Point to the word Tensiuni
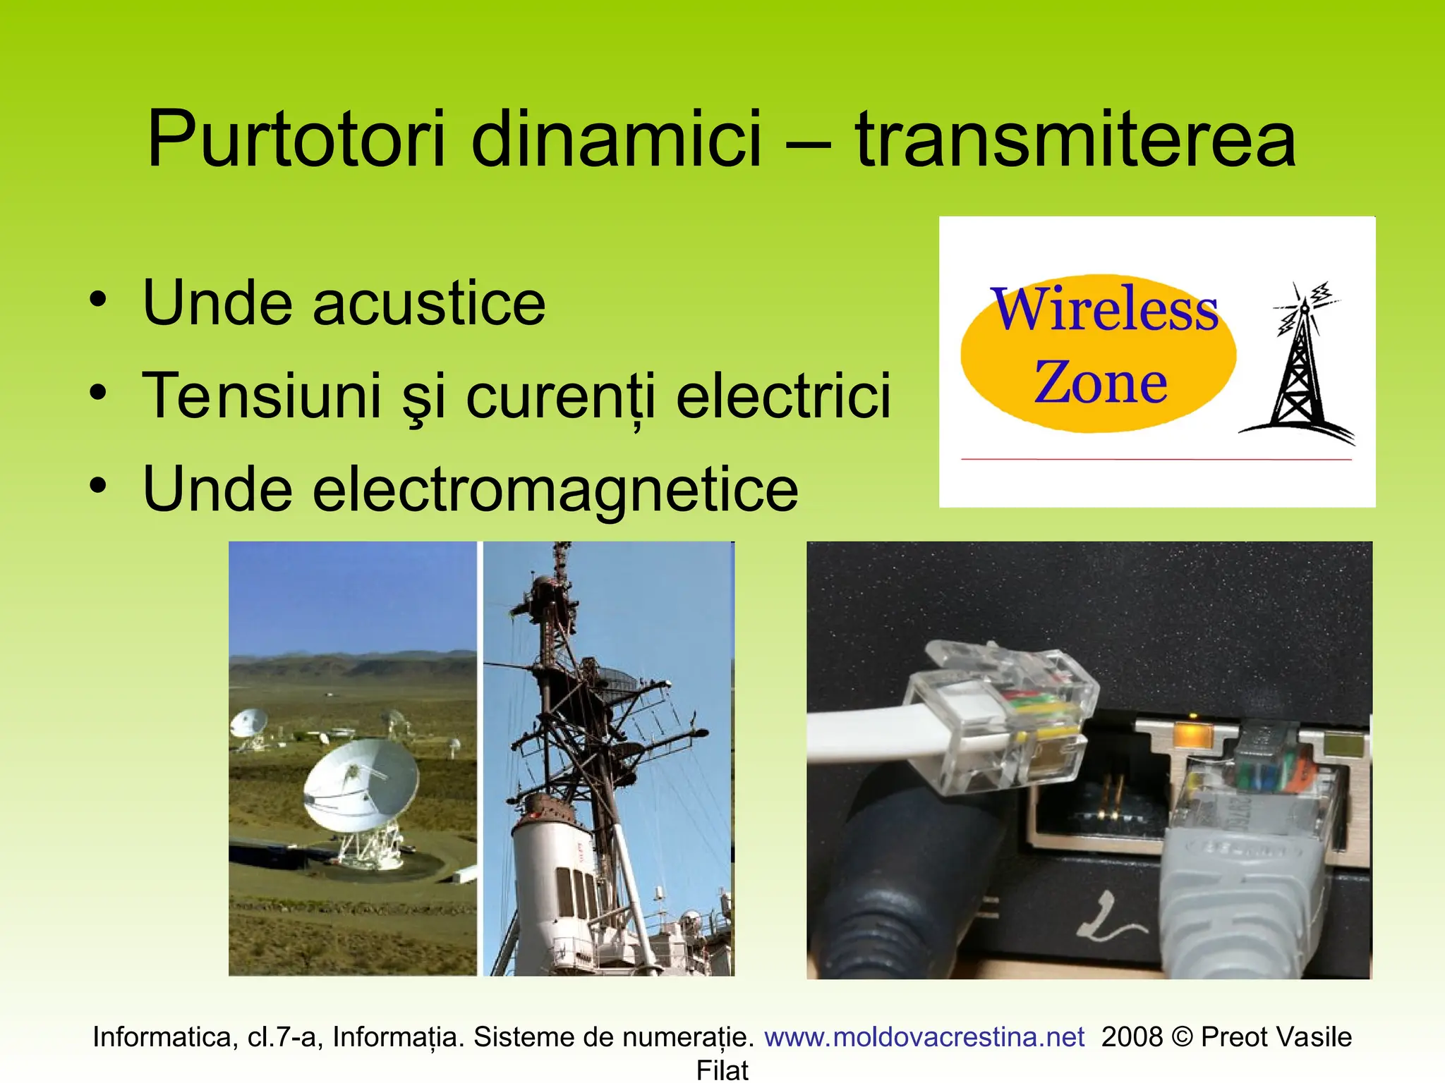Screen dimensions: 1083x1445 [x=262, y=396]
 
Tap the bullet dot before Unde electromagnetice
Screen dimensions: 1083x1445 [x=98, y=485]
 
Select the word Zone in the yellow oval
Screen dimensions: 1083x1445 [x=1100, y=383]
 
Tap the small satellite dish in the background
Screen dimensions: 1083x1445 [x=248, y=724]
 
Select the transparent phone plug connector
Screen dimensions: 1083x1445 [x=1002, y=712]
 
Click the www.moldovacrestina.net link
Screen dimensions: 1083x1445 [x=924, y=1037]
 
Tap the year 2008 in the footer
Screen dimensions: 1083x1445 [x=1132, y=1037]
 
